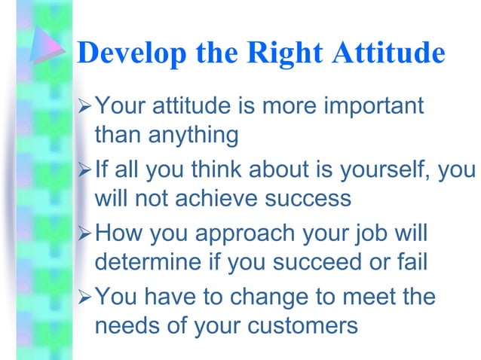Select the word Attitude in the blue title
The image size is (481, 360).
coord(391,53)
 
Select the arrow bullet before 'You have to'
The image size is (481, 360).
coord(84,297)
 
